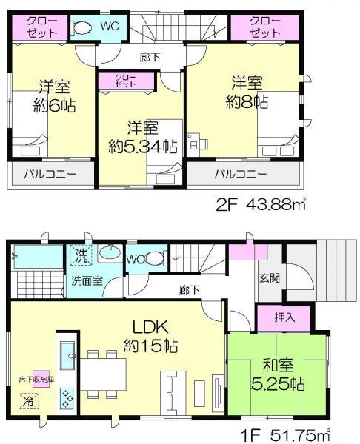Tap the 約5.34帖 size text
141,146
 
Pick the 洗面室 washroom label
87,282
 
